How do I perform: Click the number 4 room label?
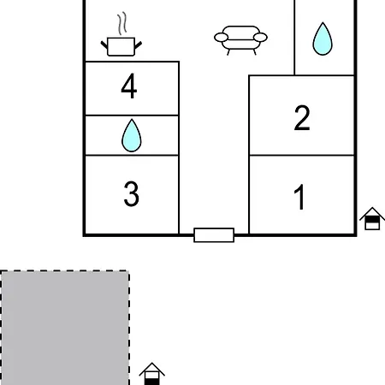click(129, 86)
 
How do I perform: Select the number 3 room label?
click(132, 194)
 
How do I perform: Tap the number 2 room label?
click(302, 118)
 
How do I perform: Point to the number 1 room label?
click(299, 197)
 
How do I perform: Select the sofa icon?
click(240, 40)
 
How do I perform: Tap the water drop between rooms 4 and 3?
click(132, 135)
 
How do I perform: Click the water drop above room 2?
click(323, 38)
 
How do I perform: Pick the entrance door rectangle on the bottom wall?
click(214, 235)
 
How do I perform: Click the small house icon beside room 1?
click(372, 218)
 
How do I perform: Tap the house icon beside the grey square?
click(152, 374)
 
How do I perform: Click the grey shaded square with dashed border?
click(65, 328)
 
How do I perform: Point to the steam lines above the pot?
click(122, 23)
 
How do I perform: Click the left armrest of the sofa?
click(221, 38)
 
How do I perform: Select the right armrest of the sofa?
click(260, 38)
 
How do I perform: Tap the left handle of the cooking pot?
click(104, 44)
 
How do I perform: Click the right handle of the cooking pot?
click(139, 44)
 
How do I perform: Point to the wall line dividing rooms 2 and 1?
click(302, 156)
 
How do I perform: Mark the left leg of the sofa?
click(228, 52)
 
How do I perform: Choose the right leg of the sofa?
click(255, 52)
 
